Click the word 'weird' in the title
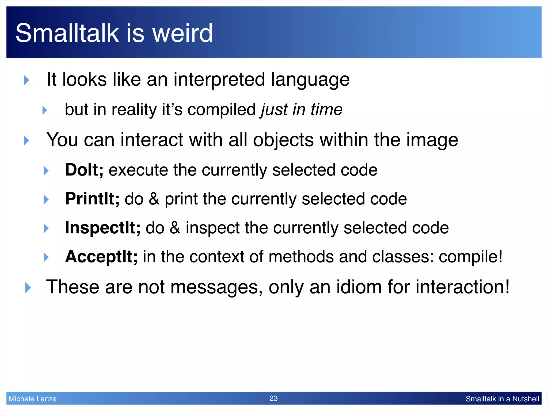(182, 33)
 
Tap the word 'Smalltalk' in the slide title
(67, 33)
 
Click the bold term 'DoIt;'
(84, 170)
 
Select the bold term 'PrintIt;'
(92, 199)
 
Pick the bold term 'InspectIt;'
(102, 228)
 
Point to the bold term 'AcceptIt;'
(101, 257)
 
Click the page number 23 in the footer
(273, 398)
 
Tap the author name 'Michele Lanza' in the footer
(33, 399)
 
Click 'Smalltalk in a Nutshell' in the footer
(502, 399)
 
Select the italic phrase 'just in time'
(302, 110)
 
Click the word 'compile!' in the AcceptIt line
(470, 257)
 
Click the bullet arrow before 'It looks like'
(26, 80)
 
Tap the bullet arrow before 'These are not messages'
(28, 288)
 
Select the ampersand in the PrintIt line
(154, 199)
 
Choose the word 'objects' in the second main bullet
(283, 140)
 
